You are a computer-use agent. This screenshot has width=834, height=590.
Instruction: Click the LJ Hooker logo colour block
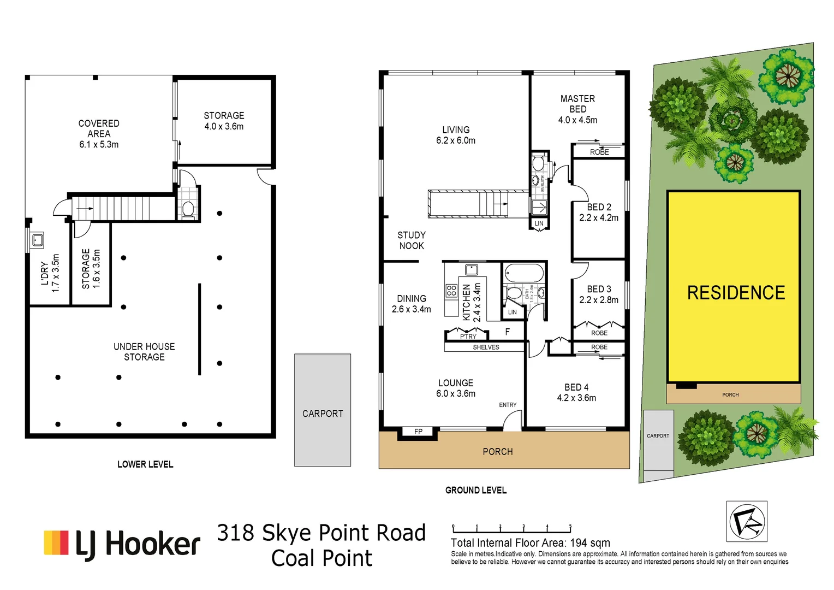tap(56, 542)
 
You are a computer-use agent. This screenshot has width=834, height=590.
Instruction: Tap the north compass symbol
tap(746, 522)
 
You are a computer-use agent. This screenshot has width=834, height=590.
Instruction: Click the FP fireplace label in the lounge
tap(418, 432)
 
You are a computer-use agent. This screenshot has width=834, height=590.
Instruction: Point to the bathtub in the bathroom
tap(524, 273)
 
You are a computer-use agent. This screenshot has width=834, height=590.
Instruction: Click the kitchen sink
tap(471, 269)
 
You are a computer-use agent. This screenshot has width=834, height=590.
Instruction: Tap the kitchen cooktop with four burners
tap(451, 290)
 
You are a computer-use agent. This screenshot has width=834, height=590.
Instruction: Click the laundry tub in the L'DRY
tap(37, 240)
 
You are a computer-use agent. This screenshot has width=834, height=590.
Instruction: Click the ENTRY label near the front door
tap(508, 405)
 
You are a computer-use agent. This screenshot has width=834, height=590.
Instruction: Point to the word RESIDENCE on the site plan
tap(736, 293)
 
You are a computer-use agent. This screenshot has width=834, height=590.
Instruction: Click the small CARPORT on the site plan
tap(658, 436)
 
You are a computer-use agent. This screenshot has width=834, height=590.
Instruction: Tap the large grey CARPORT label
tap(323, 414)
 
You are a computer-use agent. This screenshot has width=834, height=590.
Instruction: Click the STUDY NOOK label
tap(412, 240)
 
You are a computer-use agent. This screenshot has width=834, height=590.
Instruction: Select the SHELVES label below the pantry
tap(486, 347)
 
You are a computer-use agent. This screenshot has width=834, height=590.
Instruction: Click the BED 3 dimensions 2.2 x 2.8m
tap(599, 300)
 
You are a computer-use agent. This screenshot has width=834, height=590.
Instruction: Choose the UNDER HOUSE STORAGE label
tap(144, 352)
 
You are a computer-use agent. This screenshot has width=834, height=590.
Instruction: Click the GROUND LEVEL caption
tap(475, 490)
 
